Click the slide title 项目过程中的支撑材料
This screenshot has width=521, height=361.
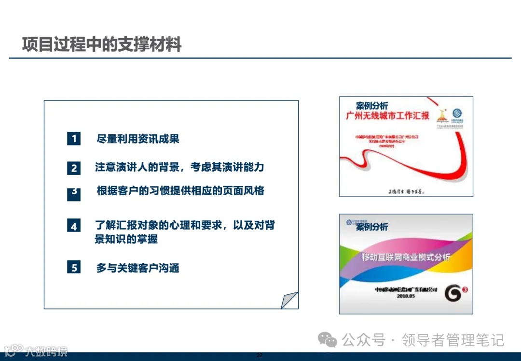(101, 44)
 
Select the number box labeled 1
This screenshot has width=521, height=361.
(73, 139)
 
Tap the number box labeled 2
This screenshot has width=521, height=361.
(73, 168)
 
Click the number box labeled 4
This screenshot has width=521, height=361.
(73, 226)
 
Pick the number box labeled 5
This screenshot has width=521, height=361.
(73, 267)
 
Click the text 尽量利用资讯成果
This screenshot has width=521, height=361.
(138, 139)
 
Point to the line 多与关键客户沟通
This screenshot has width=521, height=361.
(138, 268)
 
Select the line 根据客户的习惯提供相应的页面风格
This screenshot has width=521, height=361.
(180, 190)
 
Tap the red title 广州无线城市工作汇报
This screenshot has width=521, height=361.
(387, 116)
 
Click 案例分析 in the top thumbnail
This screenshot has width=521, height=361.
(371, 105)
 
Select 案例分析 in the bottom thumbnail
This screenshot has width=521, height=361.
(372, 227)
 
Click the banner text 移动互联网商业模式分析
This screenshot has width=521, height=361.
(406, 257)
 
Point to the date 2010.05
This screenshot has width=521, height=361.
(406, 295)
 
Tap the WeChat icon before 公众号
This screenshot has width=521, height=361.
(329, 340)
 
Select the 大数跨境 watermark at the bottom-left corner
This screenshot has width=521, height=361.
(46, 351)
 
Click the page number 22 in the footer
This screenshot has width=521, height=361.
(259, 356)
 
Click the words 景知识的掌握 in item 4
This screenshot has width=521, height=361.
(126, 239)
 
